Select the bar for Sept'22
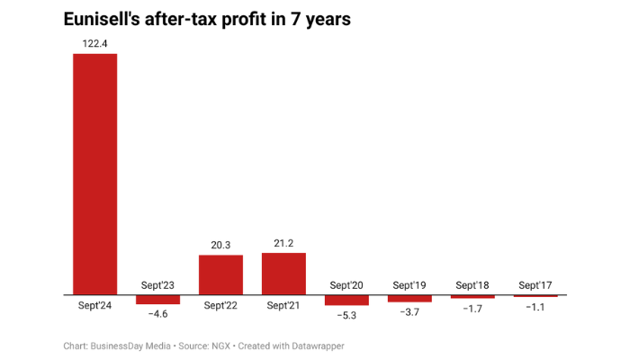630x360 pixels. click(x=220, y=274)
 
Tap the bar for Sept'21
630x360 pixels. click(x=283, y=274)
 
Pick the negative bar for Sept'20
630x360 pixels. click(x=346, y=300)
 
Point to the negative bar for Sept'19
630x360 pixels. click(x=409, y=298)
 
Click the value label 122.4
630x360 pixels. click(x=94, y=43)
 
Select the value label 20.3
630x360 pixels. click(x=220, y=244)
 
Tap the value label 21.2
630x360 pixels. click(x=283, y=242)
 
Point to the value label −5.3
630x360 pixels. click(x=346, y=316)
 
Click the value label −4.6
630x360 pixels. click(x=157, y=314)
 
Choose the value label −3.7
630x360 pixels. click(x=409, y=311)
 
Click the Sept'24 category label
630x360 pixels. click(x=94, y=305)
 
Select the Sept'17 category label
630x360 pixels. click(x=535, y=285)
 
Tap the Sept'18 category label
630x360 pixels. click(x=472, y=285)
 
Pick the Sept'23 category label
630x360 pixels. click(x=157, y=285)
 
